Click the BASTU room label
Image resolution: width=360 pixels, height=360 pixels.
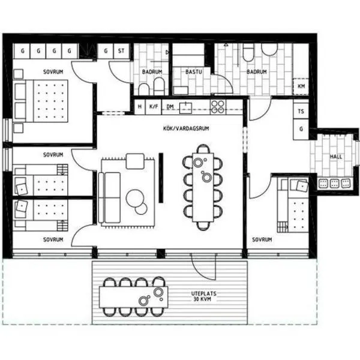[193, 71]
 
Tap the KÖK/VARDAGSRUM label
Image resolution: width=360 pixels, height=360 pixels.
[186, 128]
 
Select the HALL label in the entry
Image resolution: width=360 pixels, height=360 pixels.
[336, 157]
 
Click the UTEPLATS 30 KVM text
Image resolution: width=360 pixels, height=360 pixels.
[203, 296]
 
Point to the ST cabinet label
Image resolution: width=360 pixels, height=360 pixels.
[121, 51]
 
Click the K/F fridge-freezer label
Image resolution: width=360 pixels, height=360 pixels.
[154, 106]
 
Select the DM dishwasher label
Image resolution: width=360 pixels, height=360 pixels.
[170, 107]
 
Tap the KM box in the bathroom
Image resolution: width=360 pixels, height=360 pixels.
[301, 86]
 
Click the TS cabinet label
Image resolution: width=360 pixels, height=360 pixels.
[301, 112]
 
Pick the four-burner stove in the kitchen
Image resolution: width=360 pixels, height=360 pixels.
[218, 107]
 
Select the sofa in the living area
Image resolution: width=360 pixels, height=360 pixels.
[109, 197]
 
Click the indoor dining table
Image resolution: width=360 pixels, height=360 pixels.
[203, 187]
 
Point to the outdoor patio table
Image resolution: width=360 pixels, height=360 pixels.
[133, 297]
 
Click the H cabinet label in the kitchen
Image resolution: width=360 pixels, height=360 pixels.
[140, 107]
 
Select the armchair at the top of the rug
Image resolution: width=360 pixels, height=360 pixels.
[135, 161]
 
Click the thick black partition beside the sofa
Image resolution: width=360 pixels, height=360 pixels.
[161, 178]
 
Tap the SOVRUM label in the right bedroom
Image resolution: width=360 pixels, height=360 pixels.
[262, 239]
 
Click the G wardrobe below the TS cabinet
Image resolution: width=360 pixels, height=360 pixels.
[301, 129]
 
